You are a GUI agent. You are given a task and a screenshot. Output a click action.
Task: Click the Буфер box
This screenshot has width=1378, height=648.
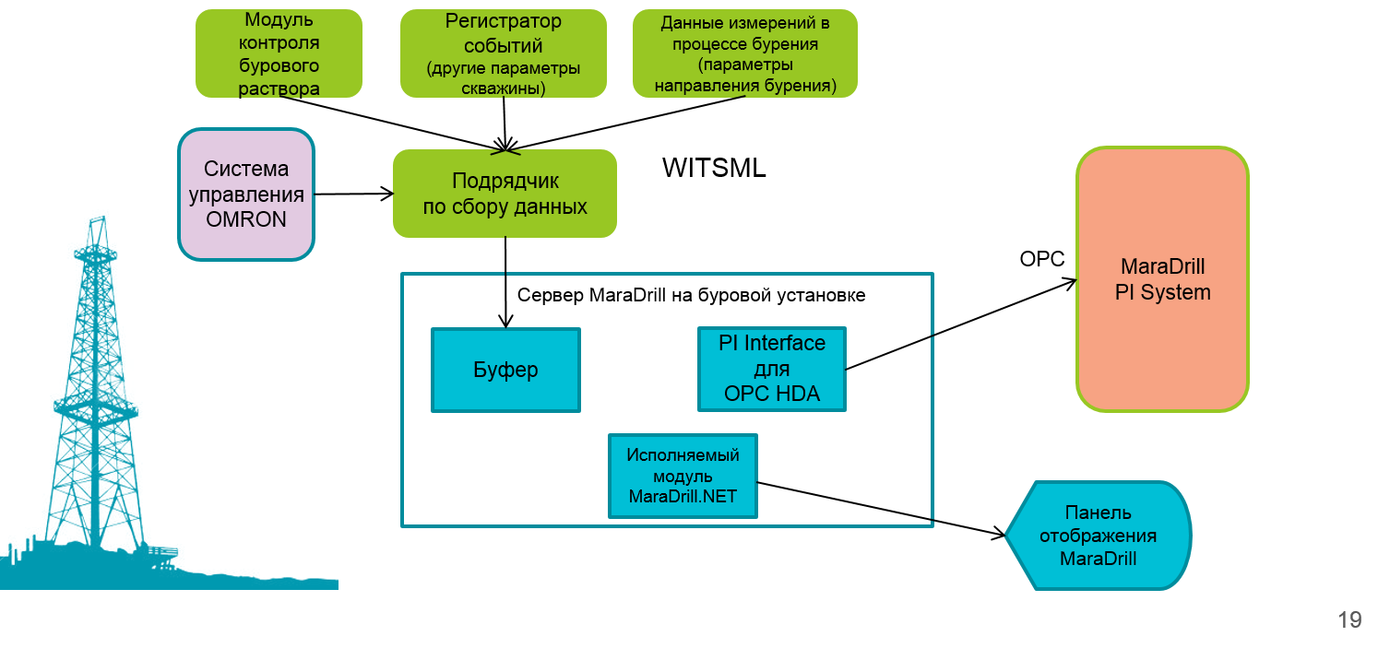[x=505, y=370]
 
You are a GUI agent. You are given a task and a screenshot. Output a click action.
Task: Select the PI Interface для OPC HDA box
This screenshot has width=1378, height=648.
[x=772, y=369]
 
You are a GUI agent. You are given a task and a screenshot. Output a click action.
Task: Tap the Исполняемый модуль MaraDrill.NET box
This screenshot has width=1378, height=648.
[x=683, y=476]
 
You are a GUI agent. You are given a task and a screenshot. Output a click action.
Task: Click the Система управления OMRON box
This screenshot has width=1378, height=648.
[x=246, y=194]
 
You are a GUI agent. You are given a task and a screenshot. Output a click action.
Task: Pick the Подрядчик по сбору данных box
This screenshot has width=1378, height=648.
[x=505, y=194]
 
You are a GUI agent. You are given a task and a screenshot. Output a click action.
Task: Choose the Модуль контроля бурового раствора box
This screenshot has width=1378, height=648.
[x=279, y=53]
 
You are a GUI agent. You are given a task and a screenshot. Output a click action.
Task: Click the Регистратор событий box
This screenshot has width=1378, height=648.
[x=503, y=53]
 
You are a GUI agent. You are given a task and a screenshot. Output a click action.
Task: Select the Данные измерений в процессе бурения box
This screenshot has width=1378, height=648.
[x=744, y=53]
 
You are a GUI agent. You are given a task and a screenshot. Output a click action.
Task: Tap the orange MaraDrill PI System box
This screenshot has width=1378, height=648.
[x=1162, y=279]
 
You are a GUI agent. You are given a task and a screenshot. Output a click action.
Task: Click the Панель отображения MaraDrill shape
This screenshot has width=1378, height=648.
[x=1098, y=536]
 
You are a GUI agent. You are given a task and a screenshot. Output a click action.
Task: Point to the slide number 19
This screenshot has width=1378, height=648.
[x=1349, y=619]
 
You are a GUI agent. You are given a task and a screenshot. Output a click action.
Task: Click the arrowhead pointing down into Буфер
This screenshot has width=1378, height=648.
[x=505, y=322]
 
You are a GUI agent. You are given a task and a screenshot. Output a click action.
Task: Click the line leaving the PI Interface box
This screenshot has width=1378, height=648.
[x=890, y=352]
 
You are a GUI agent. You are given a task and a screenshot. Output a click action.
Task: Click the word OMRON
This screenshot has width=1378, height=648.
[x=246, y=219]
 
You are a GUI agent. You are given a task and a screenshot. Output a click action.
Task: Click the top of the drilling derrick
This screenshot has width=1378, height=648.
[x=96, y=221]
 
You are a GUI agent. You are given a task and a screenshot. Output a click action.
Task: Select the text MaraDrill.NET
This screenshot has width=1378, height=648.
[x=683, y=496]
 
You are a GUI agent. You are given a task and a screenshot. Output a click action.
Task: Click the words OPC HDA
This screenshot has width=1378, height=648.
[x=772, y=395]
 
